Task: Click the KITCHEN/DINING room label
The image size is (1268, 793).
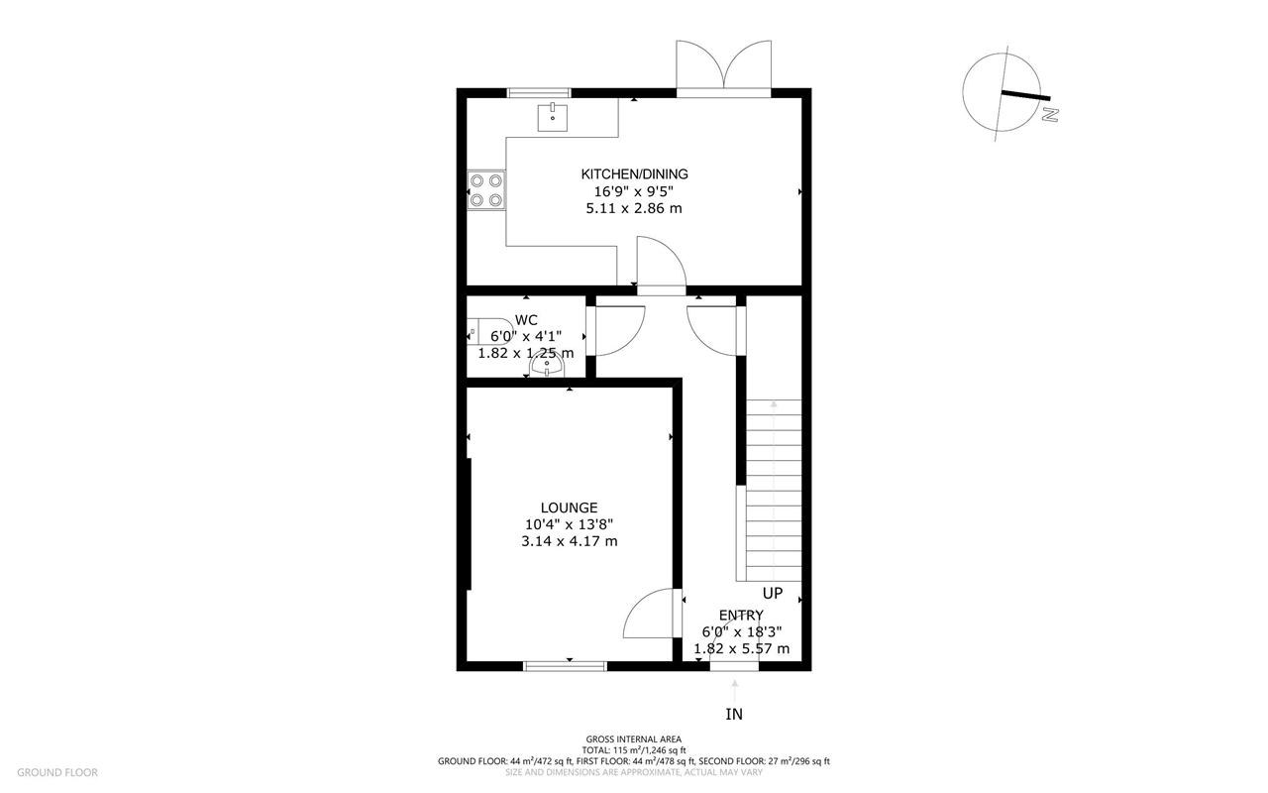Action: tap(634, 173)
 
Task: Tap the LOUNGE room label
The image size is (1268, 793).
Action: tap(569, 508)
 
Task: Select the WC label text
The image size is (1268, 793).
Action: tap(526, 320)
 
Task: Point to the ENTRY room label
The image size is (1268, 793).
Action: tap(741, 616)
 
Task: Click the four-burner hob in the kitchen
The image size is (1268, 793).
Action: tap(486, 190)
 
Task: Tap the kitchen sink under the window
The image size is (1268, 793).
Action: tap(552, 117)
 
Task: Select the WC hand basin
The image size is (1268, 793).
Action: tap(547, 364)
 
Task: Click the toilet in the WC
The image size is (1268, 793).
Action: tap(490, 331)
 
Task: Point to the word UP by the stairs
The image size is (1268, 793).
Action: tap(773, 593)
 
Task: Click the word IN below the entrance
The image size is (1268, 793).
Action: tap(734, 715)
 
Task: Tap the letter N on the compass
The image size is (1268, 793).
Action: tap(1050, 115)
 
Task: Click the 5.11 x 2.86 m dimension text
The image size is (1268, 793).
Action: tap(634, 208)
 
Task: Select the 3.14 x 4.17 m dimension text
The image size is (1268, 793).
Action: tap(569, 541)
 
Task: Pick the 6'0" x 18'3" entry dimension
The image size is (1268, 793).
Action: tap(742, 631)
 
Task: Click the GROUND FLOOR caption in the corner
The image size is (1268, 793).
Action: tap(57, 772)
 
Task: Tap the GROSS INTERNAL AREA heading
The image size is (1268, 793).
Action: tap(633, 739)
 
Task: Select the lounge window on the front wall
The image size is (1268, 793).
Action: tap(565, 666)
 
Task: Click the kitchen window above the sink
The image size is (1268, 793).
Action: tap(538, 93)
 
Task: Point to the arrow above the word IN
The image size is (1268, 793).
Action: tap(735, 691)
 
